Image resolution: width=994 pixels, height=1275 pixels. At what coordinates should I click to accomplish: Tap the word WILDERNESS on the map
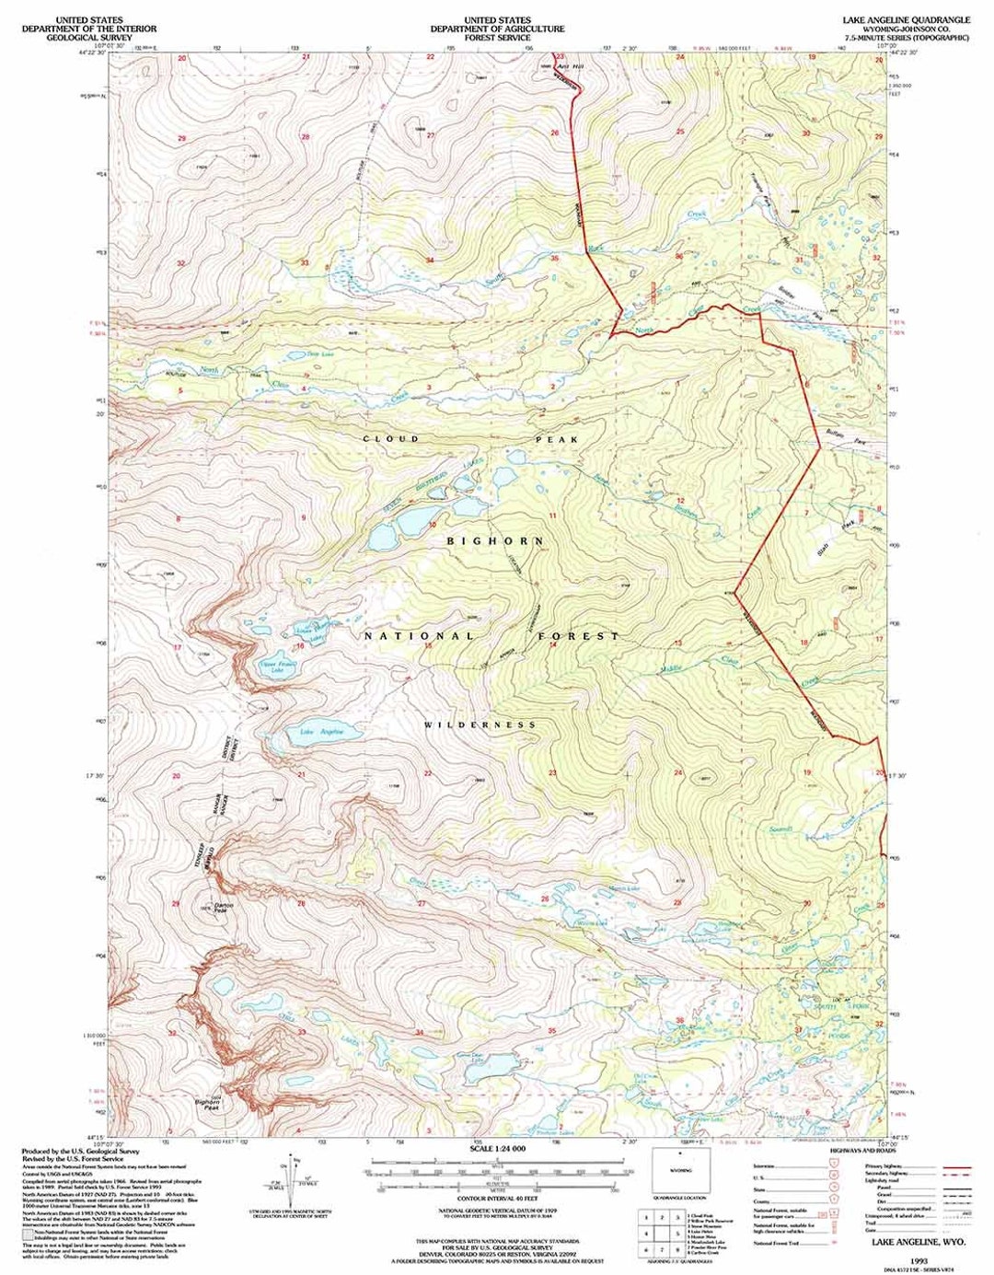click(x=480, y=725)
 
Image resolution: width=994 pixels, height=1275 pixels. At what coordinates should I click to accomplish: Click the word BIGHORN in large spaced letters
click(x=495, y=541)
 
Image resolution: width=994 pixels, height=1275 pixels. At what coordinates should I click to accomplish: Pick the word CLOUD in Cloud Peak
click(x=391, y=439)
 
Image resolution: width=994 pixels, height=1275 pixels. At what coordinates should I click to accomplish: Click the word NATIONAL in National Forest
click(x=418, y=636)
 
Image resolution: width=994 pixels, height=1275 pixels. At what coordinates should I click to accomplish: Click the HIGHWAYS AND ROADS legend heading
click(x=860, y=1151)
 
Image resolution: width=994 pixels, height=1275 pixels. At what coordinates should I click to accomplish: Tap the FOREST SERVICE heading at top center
click(x=497, y=38)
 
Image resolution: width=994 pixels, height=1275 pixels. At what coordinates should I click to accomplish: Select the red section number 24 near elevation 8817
click(x=678, y=772)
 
